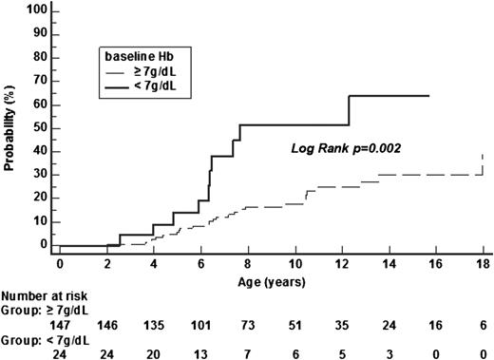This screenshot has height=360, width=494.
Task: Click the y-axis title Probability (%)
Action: click(x=9, y=129)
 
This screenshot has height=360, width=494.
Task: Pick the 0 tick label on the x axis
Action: click(x=59, y=263)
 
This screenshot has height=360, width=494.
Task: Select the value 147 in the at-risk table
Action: click(x=59, y=323)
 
